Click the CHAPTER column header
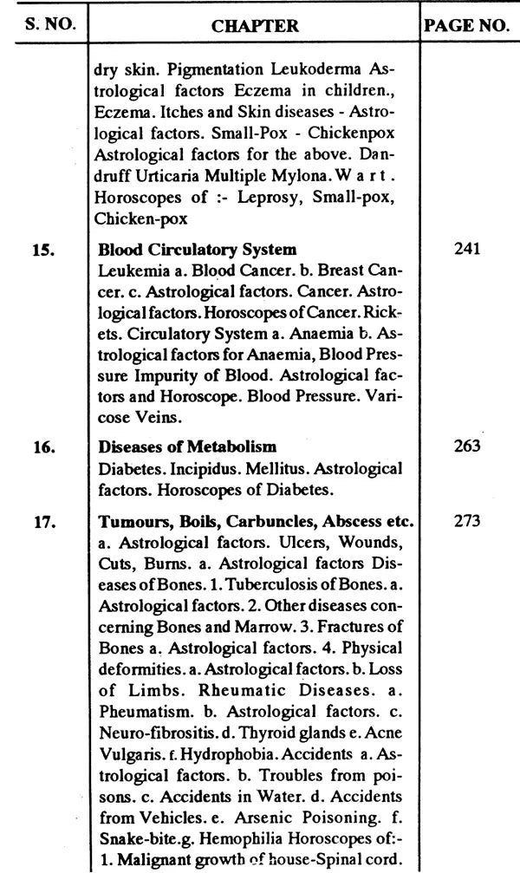click(x=254, y=25)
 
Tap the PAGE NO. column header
click(x=467, y=24)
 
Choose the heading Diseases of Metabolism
click(x=188, y=447)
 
